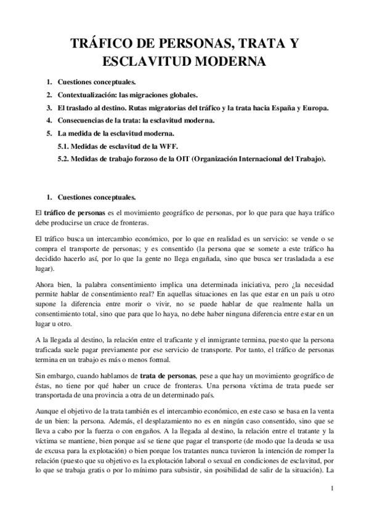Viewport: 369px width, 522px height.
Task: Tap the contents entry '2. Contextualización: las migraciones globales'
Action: [x=128, y=95]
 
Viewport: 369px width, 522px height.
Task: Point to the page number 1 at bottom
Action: [x=332, y=489]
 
